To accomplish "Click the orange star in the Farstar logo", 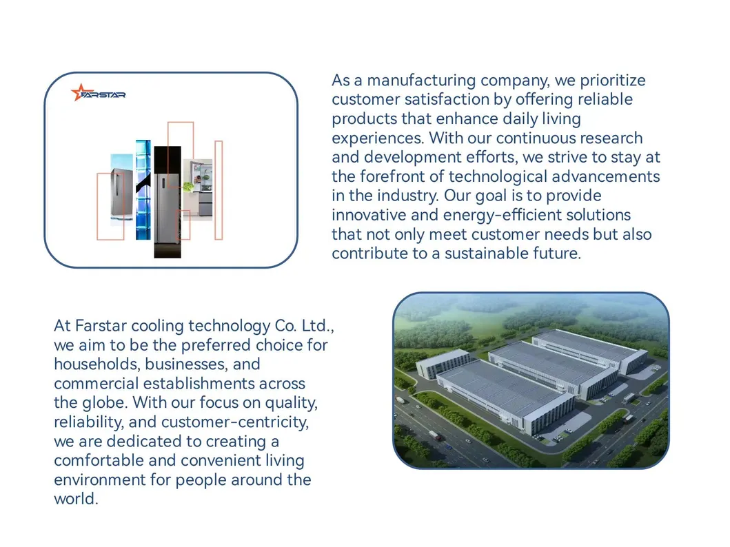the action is [79, 92].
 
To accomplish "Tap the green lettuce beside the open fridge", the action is [187, 187].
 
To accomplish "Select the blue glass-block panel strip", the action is [143, 189].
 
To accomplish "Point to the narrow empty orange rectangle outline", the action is [219, 190].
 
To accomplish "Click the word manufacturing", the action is [421, 81].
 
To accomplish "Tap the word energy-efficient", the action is [537, 216].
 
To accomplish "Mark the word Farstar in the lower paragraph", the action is [101, 326].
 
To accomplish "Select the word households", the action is [97, 364].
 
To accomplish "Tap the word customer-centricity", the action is [234, 422].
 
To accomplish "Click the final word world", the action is [76, 499].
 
